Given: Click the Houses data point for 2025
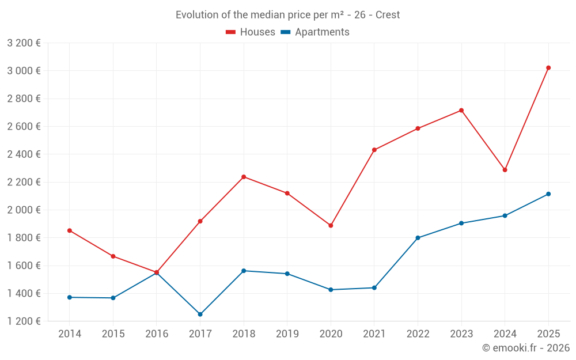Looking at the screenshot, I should click(x=548, y=68).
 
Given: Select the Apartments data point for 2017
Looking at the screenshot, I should click(x=200, y=314).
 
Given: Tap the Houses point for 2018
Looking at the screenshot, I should click(x=244, y=177).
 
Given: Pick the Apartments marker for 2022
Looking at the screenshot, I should click(x=418, y=238).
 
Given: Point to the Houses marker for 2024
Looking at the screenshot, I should click(x=505, y=170).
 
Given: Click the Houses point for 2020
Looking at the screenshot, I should click(x=331, y=226).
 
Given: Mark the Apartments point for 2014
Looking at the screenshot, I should click(x=70, y=297).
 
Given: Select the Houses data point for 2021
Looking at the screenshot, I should click(x=374, y=150).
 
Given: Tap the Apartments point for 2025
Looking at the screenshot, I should click(x=548, y=194).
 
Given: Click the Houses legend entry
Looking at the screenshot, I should click(x=251, y=32).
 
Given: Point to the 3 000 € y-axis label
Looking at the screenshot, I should click(x=24, y=71).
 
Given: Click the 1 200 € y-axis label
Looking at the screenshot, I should click(x=24, y=321).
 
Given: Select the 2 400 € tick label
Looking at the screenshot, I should click(x=24, y=154).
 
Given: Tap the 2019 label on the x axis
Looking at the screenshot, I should click(x=287, y=334).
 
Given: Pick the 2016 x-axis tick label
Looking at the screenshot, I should click(x=157, y=334).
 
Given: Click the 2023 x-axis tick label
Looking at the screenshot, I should click(x=461, y=334).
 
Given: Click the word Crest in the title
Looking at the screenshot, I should click(x=388, y=15).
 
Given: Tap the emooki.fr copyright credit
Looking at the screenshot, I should click(x=526, y=348).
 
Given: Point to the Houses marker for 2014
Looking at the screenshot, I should click(x=70, y=230).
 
